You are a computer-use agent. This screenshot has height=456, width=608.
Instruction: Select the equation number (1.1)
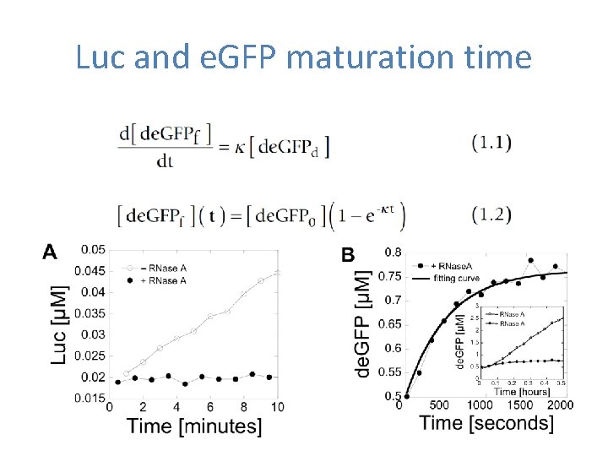[x=491, y=142]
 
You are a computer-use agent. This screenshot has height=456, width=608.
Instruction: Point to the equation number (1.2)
[x=491, y=214]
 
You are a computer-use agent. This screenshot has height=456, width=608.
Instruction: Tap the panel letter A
[x=51, y=252]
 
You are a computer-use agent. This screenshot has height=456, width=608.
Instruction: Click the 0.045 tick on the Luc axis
[x=93, y=271]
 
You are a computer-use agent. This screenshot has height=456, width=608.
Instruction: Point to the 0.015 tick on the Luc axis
[x=93, y=398]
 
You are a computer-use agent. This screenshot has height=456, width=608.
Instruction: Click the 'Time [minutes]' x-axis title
[x=194, y=426]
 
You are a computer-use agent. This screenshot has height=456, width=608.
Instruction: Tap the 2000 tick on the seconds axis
[x=560, y=405]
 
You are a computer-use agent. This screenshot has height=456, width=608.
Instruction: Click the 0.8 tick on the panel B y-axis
[x=393, y=252]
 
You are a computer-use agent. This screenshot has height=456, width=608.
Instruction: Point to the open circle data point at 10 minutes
[x=278, y=272]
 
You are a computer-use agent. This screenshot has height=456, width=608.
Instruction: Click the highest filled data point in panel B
[x=530, y=261]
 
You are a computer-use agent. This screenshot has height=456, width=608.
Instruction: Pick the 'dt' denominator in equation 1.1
[x=165, y=161]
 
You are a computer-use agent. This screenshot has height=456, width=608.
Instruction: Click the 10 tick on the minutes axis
[x=277, y=407]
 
